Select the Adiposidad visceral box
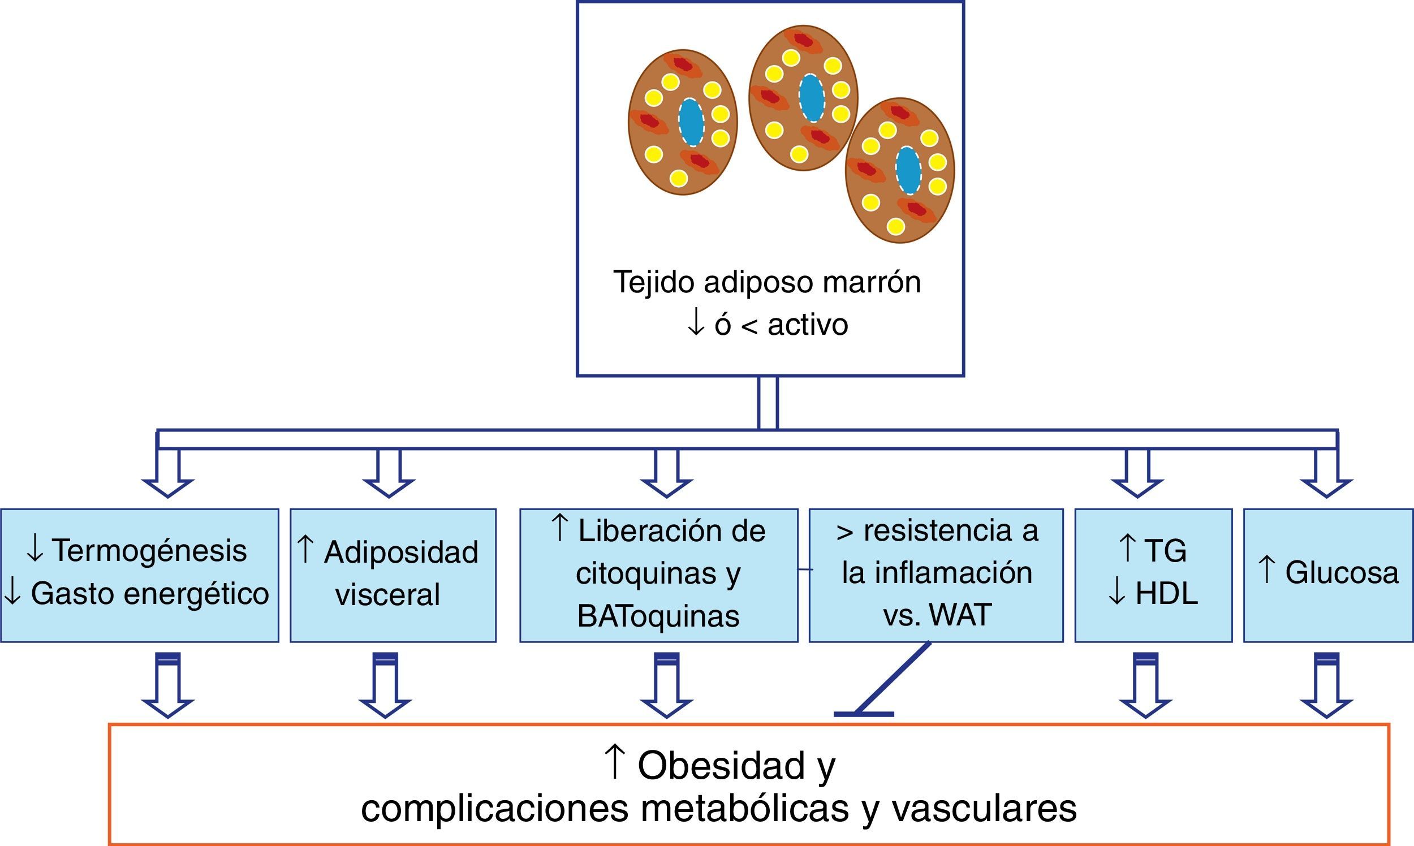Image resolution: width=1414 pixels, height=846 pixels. [x=393, y=576]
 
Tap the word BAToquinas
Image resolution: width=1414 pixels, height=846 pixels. [x=658, y=617]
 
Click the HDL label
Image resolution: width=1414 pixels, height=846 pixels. [x=1166, y=594]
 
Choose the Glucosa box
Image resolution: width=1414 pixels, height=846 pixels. [x=1328, y=576]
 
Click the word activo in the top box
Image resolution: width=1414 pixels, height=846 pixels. [x=807, y=325]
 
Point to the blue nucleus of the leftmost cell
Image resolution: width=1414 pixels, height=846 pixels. [x=691, y=123]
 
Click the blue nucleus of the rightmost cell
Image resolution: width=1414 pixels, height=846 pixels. [x=908, y=170]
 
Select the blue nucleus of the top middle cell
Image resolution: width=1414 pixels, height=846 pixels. [x=811, y=98]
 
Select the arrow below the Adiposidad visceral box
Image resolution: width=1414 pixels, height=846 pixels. [x=385, y=687]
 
